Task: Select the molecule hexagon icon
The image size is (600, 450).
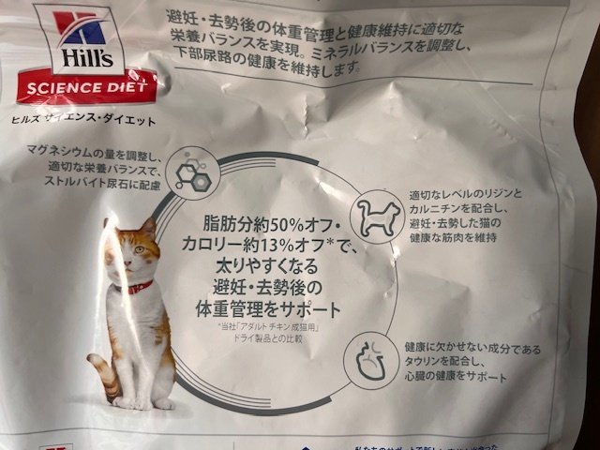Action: (193, 172)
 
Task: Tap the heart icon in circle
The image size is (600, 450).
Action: (370, 360)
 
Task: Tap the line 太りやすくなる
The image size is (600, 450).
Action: (271, 266)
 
